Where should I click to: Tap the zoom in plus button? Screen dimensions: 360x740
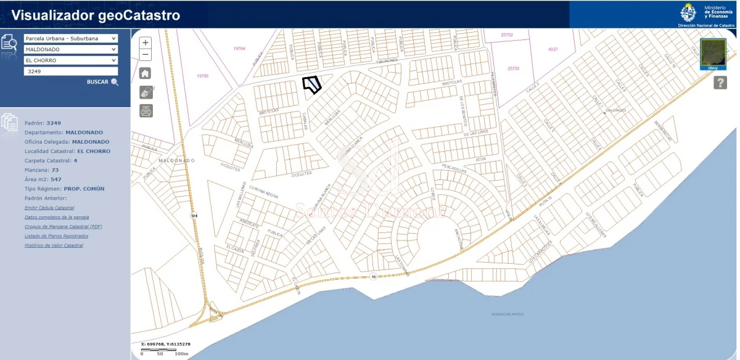(146, 43)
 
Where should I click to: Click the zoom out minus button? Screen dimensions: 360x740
(146, 55)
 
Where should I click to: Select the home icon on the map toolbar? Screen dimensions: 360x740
(146, 74)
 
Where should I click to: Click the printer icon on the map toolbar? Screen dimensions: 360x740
(146, 111)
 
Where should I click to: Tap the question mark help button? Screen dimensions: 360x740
(720, 83)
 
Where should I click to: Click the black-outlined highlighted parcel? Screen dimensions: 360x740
(313, 84)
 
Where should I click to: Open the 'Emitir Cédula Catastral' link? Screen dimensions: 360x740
(49, 208)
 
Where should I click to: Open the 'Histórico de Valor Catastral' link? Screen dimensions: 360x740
(54, 245)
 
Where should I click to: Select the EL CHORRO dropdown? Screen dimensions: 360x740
(70, 60)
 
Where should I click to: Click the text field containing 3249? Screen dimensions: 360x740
(70, 72)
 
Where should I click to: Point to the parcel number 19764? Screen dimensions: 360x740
(239, 48)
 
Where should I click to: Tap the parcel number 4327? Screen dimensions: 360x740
(553, 49)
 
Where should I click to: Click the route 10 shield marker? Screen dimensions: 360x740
(373, 277)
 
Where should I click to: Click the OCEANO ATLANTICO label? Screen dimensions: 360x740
(508, 314)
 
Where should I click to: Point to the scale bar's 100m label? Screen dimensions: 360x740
(181, 354)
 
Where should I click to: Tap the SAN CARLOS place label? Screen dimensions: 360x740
(615, 111)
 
